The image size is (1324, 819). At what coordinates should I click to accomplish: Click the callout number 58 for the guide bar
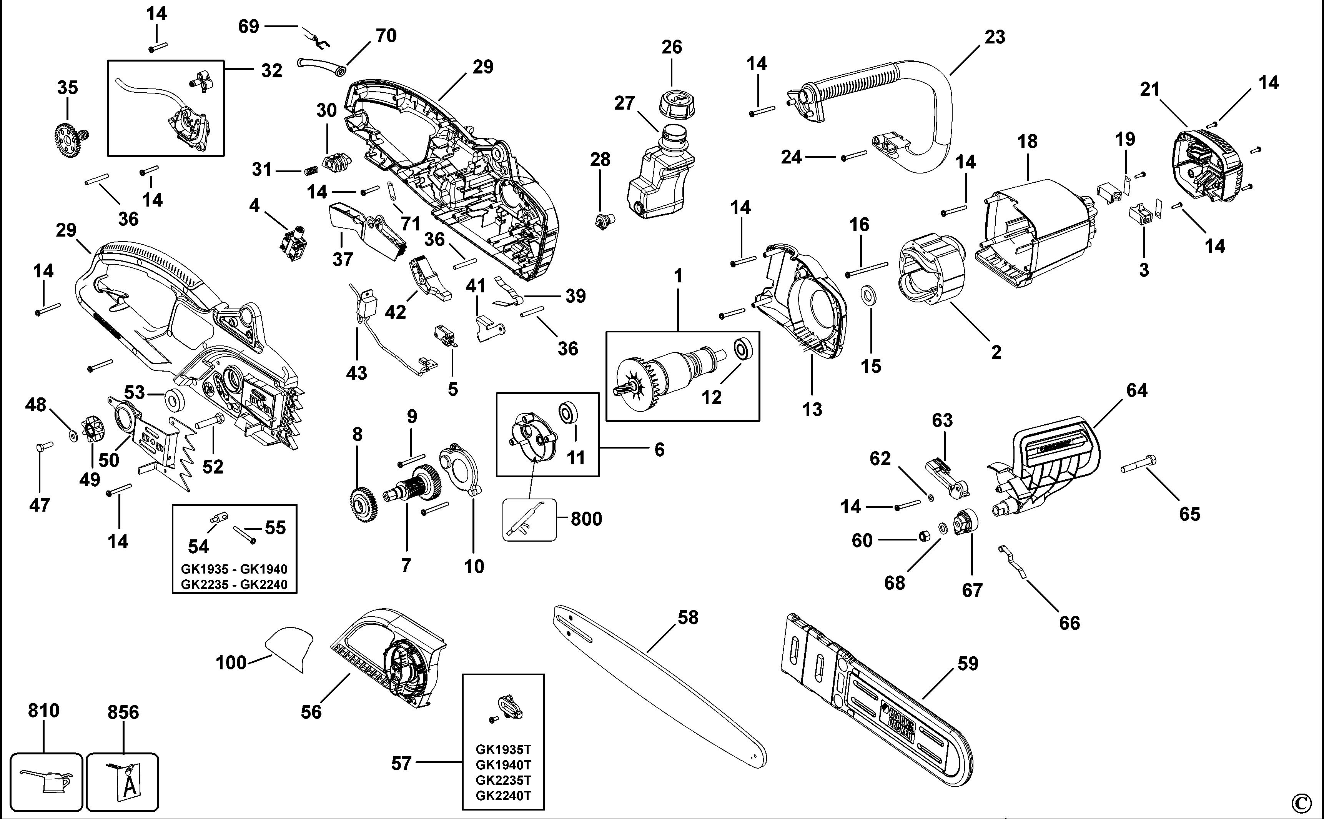[688, 617]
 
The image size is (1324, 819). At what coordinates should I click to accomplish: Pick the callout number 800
[586, 519]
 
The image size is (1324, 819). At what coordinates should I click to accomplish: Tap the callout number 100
[231, 662]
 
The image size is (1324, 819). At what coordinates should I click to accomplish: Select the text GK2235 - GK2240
[234, 584]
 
